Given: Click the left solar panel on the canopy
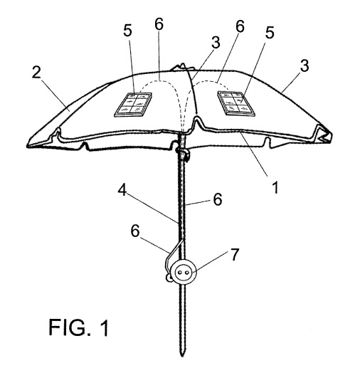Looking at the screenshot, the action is (x=133, y=105).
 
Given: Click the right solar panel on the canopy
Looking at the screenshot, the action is (x=236, y=103).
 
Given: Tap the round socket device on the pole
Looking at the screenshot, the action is (x=185, y=272).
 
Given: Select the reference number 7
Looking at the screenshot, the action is (x=235, y=255).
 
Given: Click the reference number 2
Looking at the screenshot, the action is (x=36, y=73).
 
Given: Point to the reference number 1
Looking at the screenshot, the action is (x=275, y=187).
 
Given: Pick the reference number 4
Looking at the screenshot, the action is (x=122, y=191).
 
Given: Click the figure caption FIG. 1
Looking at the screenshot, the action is (x=78, y=327).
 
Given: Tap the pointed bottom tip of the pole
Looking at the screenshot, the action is (x=182, y=354).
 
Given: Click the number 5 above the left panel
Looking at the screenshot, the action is (x=127, y=31).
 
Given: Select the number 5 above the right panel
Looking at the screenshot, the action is (x=270, y=32).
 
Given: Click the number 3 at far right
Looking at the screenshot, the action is (x=305, y=65).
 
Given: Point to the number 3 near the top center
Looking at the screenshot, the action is (x=216, y=43).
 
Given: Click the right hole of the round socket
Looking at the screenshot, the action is (x=187, y=272).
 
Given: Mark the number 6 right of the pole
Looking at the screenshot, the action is (x=218, y=199).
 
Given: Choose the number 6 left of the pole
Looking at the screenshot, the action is (x=135, y=231).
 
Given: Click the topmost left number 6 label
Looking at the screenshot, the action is (x=159, y=24).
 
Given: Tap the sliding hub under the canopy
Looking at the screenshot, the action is (x=183, y=153).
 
